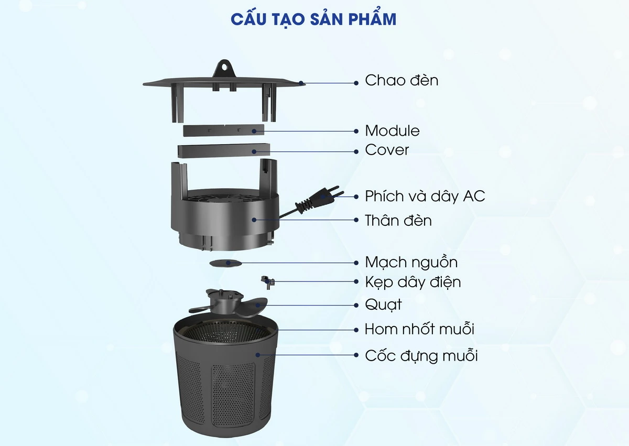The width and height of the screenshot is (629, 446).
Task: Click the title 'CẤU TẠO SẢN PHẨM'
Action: tap(313, 19)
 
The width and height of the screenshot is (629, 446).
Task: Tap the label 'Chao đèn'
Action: tap(401, 81)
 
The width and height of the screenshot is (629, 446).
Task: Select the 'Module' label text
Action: tap(392, 130)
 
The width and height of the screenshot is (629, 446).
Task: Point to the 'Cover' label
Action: tap(387, 150)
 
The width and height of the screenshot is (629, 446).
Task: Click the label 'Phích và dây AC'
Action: tap(425, 197)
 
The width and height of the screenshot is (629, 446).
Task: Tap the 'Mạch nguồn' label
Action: tap(411, 262)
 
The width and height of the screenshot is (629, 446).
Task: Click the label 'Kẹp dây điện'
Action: tap(413, 282)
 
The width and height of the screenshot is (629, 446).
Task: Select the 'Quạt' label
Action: tap(383, 304)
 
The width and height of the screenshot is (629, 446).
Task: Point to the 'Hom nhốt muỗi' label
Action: tap(419, 330)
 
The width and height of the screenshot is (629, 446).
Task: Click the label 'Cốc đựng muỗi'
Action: tap(421, 356)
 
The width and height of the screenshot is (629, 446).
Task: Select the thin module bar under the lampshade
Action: tap(223, 129)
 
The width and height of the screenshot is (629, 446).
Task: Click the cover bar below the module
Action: tap(223, 150)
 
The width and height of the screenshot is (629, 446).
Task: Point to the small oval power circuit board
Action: tap(225, 263)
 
